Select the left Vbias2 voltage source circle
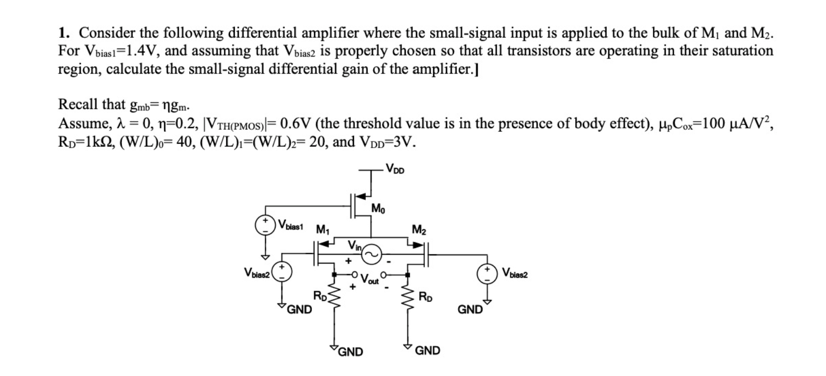pyautogui.click(x=282, y=271)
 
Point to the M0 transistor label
pyautogui.click(x=378, y=209)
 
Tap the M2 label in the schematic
pyautogui.click(x=419, y=229)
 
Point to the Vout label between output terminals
pyautogui.click(x=369, y=280)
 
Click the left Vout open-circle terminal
pyautogui.click(x=354, y=274)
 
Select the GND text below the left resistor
pyautogui.click(x=351, y=352)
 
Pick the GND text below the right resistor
pyautogui.click(x=428, y=351)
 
